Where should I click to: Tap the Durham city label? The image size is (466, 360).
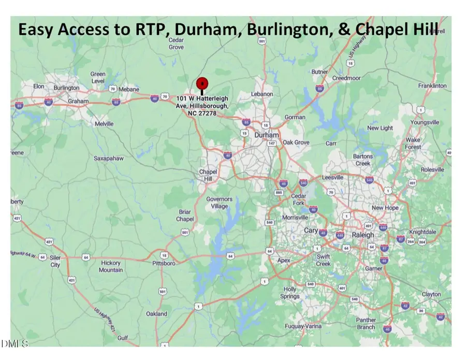(x=267, y=135)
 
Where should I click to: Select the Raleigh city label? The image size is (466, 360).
(x=362, y=235)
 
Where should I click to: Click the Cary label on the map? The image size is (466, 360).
(x=311, y=231)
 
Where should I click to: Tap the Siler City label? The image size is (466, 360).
(x=55, y=261)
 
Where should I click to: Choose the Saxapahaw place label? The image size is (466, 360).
(x=108, y=159)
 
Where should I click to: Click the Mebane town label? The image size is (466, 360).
(x=129, y=89)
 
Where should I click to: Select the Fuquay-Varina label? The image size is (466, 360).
(x=303, y=326)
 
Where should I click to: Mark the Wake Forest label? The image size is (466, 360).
(x=413, y=143)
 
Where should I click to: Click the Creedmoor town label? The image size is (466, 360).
(x=346, y=78)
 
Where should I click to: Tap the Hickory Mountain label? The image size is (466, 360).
(x=111, y=266)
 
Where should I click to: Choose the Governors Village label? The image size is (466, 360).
(x=220, y=202)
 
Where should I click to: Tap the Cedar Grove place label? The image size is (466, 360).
(x=176, y=44)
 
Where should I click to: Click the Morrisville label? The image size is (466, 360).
(x=296, y=217)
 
